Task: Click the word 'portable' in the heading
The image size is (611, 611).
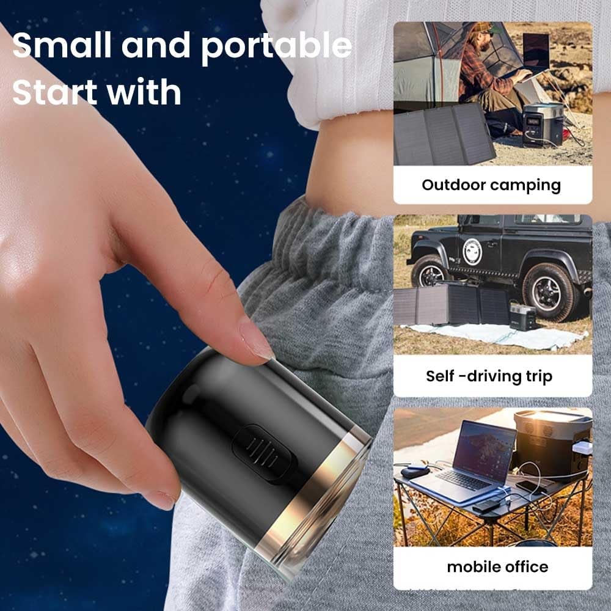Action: point(276,48)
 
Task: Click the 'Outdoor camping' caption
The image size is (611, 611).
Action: point(491,185)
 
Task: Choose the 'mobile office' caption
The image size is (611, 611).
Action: point(497,566)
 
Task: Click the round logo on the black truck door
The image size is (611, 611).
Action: point(472,251)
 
